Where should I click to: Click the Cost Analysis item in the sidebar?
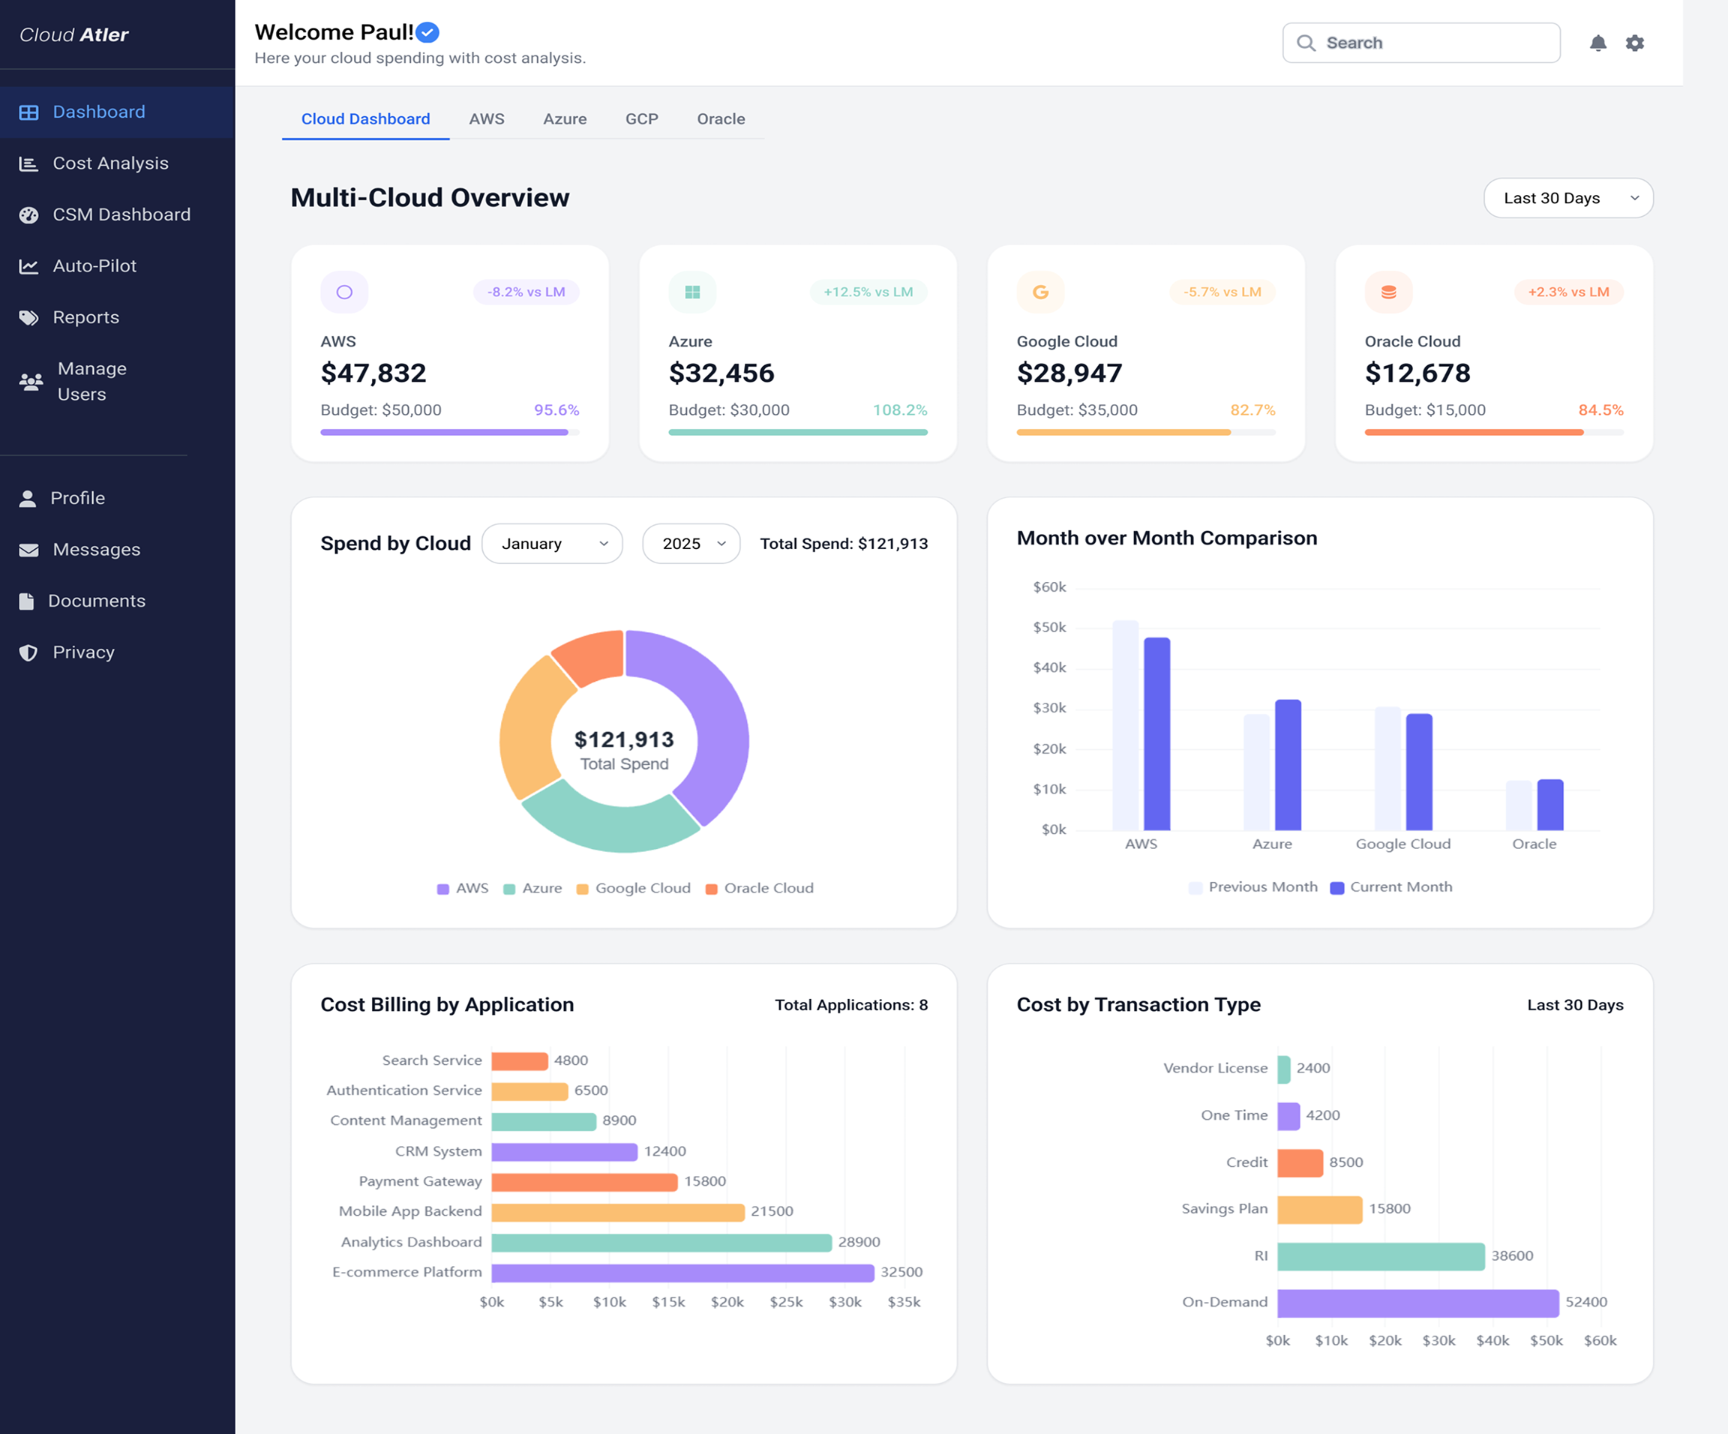coord(109,163)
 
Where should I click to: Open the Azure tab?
coord(565,118)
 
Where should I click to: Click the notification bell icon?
coord(1597,43)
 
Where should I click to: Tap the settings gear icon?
coord(1634,43)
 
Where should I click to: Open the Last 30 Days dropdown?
coord(1567,198)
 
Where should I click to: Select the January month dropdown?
coord(551,544)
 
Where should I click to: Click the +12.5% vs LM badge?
coord(868,292)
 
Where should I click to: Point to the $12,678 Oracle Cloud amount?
coord(1417,373)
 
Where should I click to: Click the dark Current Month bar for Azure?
coord(1288,764)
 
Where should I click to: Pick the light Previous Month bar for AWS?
coord(1125,724)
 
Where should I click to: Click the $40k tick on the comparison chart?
coord(1049,667)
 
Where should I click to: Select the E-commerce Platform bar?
coord(682,1273)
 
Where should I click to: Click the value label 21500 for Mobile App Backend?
coord(772,1211)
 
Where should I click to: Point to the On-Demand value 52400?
coord(1585,1301)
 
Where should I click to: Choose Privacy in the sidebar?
coord(82,652)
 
